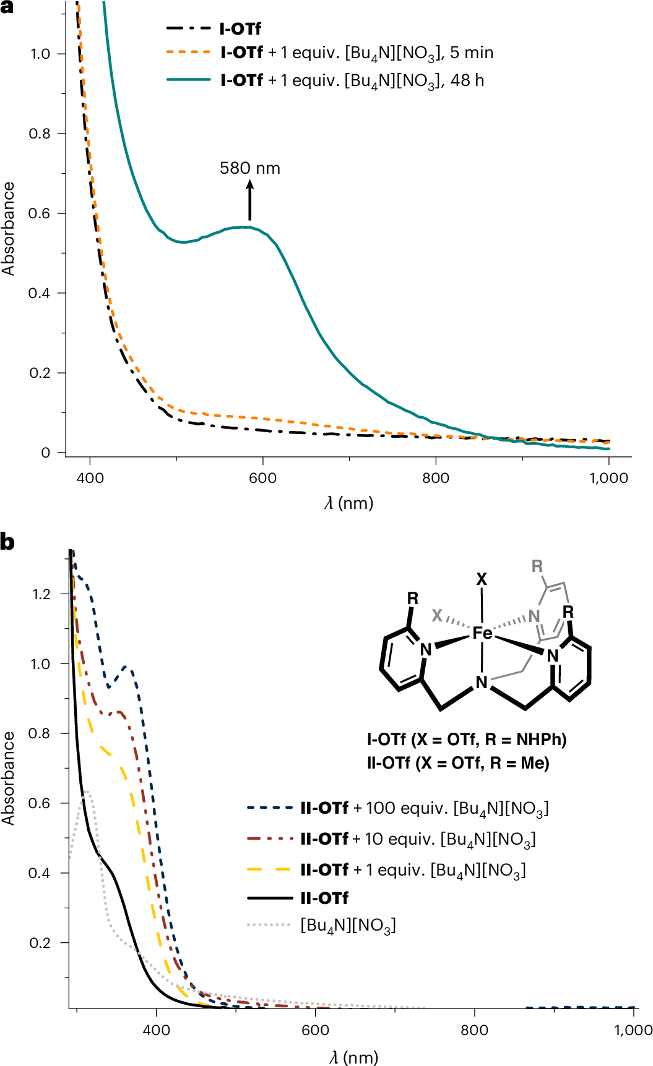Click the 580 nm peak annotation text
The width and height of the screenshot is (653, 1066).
(x=250, y=168)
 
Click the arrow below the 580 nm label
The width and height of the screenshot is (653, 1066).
(x=250, y=200)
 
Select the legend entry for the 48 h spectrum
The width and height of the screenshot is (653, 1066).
(x=326, y=81)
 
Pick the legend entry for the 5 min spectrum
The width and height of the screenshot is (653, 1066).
(x=330, y=53)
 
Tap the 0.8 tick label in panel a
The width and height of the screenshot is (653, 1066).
(x=40, y=134)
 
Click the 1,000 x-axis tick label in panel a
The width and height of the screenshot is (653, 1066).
(x=608, y=478)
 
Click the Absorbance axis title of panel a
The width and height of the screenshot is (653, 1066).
(x=8, y=229)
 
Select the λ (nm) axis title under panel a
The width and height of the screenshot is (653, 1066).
(x=349, y=503)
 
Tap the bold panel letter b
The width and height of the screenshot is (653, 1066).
(x=7, y=542)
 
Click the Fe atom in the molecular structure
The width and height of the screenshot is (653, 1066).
(x=482, y=633)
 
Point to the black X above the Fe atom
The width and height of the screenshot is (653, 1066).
(x=482, y=579)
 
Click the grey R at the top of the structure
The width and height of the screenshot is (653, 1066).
(x=537, y=566)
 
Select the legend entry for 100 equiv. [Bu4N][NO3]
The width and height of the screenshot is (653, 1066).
(x=398, y=808)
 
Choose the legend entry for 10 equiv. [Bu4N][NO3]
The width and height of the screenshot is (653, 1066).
(x=391, y=839)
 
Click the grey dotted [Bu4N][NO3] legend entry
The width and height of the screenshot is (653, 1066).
(x=321, y=926)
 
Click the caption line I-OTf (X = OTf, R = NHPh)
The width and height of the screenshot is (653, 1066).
(x=467, y=740)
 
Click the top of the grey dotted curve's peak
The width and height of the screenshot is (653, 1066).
(x=87, y=791)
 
